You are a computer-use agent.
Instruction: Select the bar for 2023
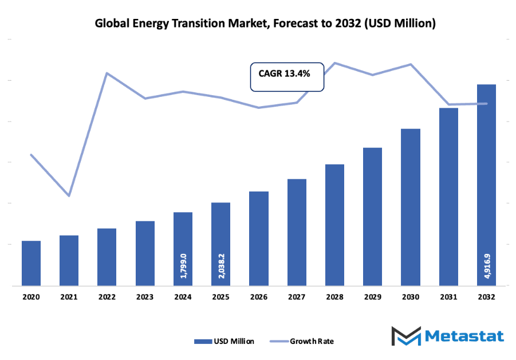(x=145, y=253)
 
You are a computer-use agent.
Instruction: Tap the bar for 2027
(x=297, y=232)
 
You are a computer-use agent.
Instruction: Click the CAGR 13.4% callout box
(x=287, y=77)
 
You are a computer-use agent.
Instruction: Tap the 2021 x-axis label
(x=69, y=297)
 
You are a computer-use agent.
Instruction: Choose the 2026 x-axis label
(x=259, y=297)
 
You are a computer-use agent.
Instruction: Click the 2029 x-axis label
(x=373, y=297)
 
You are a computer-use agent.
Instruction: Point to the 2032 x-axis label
(x=487, y=297)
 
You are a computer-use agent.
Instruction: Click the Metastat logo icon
(x=405, y=335)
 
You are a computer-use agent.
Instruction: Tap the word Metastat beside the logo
(x=464, y=335)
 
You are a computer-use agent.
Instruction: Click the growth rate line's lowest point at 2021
(x=69, y=196)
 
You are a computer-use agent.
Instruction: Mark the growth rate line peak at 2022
(x=107, y=73)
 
